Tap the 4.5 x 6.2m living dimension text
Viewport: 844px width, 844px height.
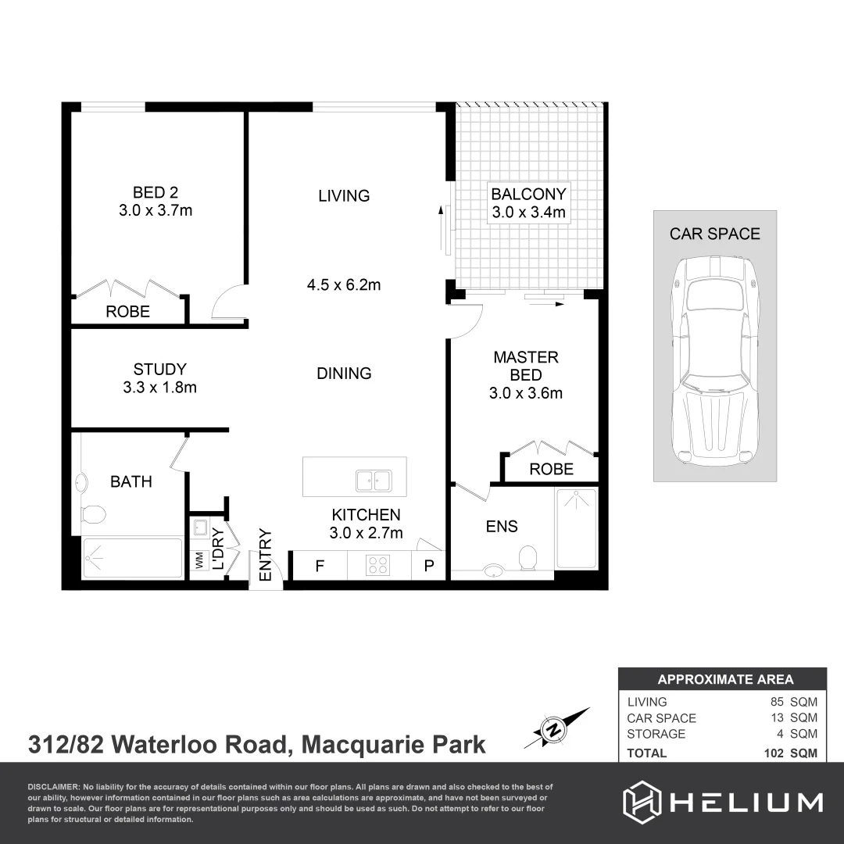pos(344,284)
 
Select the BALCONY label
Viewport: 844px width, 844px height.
pos(528,194)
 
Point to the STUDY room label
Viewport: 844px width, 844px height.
pos(159,369)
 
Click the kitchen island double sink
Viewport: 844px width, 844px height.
pos(374,480)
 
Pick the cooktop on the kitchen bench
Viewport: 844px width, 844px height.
pos(379,565)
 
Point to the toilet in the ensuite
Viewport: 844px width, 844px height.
pos(528,557)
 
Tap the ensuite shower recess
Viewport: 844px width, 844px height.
pos(576,528)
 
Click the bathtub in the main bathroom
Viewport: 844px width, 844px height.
pos(133,557)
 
